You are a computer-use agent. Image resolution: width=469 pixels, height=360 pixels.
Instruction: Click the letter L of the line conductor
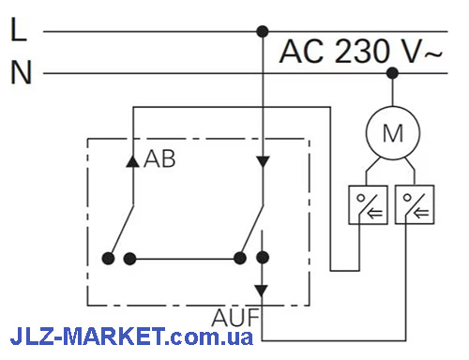click(x=19, y=29)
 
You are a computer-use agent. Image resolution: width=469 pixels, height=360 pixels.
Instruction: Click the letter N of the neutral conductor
click(x=22, y=72)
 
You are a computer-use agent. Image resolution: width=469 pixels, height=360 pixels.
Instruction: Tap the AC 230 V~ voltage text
click(x=360, y=52)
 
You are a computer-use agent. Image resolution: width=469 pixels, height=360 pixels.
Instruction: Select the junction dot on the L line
click(x=263, y=32)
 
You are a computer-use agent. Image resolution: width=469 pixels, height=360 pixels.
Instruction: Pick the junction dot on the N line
click(x=392, y=73)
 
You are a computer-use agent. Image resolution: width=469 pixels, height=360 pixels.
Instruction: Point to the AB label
click(x=159, y=159)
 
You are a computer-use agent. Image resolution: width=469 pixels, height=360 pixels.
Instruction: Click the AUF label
click(x=235, y=317)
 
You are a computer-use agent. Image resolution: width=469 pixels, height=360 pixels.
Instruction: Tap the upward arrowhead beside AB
click(x=132, y=161)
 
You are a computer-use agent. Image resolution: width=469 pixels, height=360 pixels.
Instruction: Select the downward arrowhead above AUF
click(x=262, y=291)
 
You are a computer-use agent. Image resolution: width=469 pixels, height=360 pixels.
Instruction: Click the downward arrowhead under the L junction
click(x=263, y=162)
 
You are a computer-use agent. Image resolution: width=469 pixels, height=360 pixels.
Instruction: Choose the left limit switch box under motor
click(x=368, y=204)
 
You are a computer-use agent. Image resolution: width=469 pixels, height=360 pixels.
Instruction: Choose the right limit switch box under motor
click(x=415, y=204)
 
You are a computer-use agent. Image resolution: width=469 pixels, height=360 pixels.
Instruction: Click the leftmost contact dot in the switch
click(x=108, y=259)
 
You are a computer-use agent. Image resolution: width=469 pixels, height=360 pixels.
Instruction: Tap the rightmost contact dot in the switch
click(x=263, y=258)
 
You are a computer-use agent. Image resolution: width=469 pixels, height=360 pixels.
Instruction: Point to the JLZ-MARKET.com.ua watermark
click(x=131, y=337)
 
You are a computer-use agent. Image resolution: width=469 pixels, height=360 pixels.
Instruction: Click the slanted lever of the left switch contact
click(x=122, y=230)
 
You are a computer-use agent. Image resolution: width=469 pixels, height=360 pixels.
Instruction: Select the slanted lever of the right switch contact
click(x=253, y=229)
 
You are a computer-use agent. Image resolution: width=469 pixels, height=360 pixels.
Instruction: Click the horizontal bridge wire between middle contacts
click(x=185, y=259)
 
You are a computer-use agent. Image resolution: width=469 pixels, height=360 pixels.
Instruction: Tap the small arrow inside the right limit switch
click(x=421, y=214)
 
